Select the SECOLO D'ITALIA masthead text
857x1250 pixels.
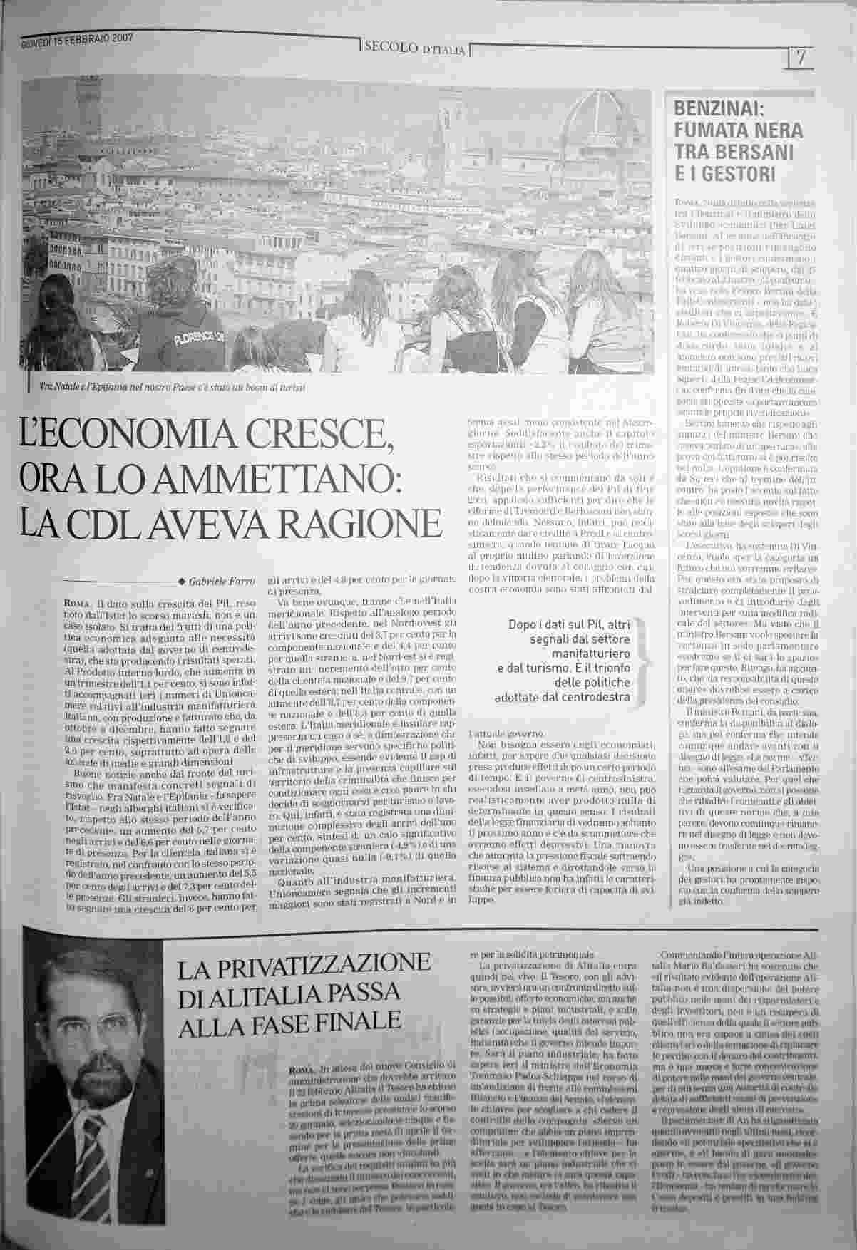coord(414,48)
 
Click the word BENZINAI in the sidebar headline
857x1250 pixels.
coord(719,110)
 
